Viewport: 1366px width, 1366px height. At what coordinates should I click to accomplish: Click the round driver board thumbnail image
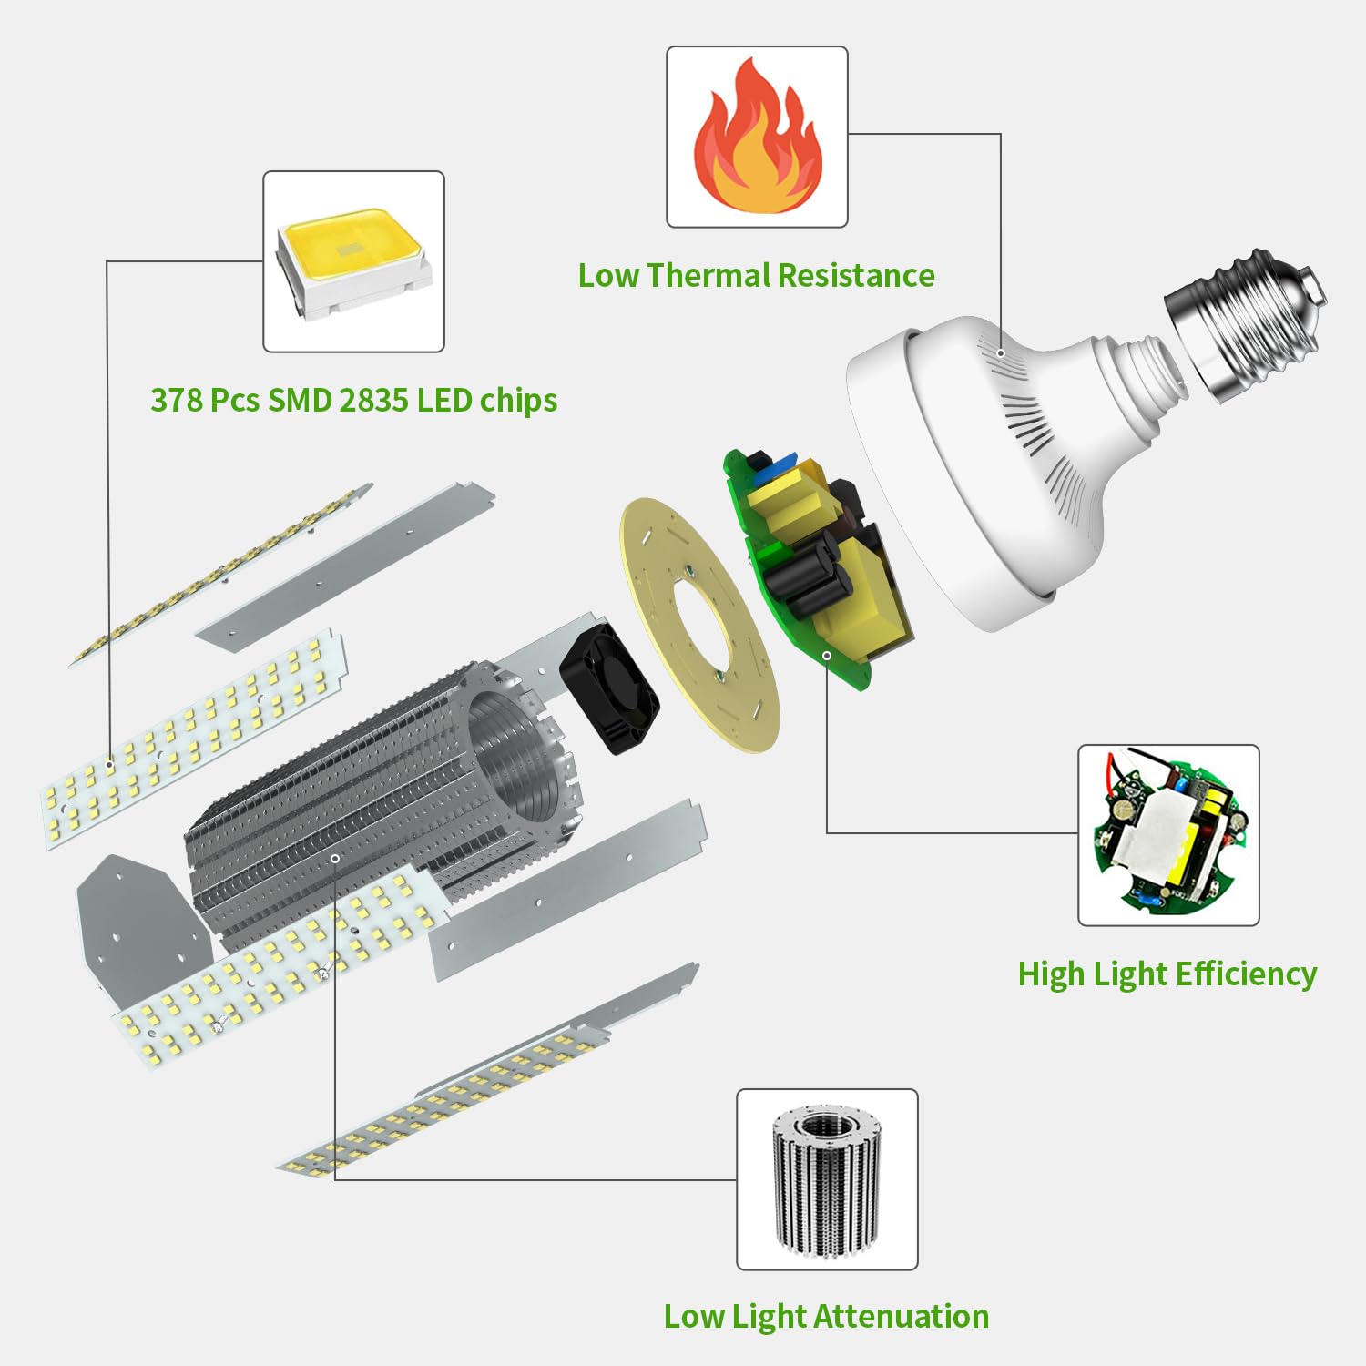(x=1168, y=835)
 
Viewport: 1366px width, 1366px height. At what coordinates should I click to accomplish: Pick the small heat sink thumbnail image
(x=827, y=1179)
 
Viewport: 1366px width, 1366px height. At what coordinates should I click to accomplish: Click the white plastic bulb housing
(x=984, y=474)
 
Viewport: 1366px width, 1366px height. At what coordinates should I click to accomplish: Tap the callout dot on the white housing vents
(x=1001, y=353)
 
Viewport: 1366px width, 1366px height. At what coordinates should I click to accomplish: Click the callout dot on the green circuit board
(x=827, y=655)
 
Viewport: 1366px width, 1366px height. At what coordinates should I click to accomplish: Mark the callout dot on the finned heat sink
(x=335, y=859)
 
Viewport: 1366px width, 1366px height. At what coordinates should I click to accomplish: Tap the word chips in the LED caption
(x=518, y=401)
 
